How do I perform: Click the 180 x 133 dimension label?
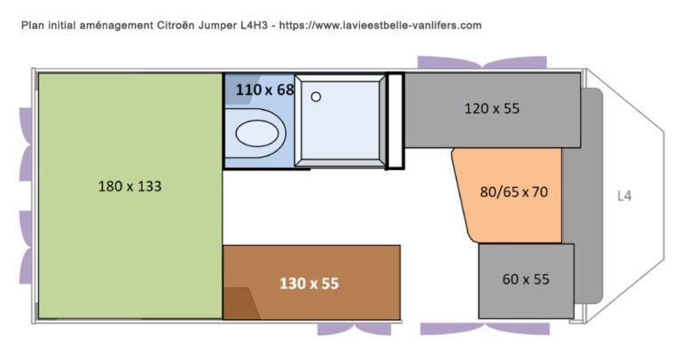[129, 186]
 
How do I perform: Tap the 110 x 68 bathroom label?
[265, 90]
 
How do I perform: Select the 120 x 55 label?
[491, 108]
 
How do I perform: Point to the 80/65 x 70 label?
[513, 192]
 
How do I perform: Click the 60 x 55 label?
[526, 279]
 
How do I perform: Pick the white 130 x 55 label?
[309, 284]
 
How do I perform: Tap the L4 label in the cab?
[624, 196]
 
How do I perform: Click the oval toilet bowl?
[256, 134]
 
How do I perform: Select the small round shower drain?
[317, 97]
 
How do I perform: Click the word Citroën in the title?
[176, 25]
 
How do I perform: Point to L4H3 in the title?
[254, 25]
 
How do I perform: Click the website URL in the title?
[380, 25]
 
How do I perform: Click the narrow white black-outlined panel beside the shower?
[395, 121]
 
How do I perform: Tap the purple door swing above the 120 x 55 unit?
[482, 63]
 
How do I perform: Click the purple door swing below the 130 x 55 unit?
[354, 329]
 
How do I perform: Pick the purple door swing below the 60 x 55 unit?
[485, 329]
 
